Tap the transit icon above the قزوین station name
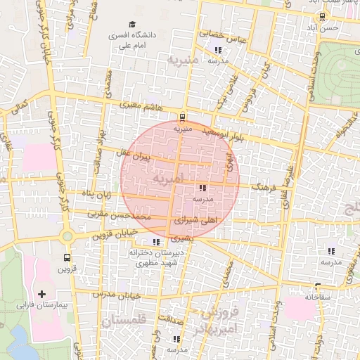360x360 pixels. [67, 258]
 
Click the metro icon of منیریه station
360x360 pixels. [183, 117]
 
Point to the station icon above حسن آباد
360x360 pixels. [321, 16]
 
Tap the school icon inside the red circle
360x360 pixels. [202, 188]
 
